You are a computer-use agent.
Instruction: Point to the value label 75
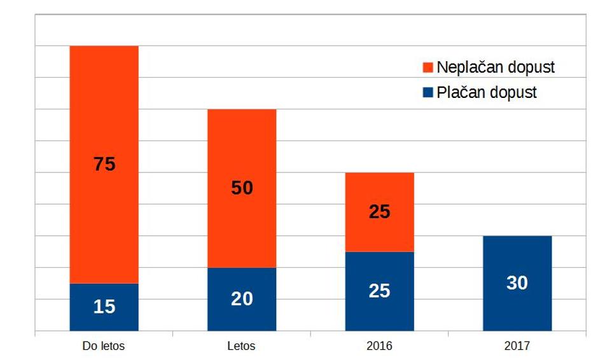click(x=104, y=164)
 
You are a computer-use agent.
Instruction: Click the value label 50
click(x=242, y=188)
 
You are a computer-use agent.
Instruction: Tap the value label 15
click(x=104, y=307)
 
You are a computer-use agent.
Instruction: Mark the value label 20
click(x=242, y=299)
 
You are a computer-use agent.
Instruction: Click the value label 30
click(x=517, y=283)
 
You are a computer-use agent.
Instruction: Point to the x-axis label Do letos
click(x=104, y=347)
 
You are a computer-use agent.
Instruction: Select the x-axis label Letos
click(x=241, y=347)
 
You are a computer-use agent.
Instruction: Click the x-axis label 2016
click(x=379, y=347)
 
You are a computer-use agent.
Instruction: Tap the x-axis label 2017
click(x=517, y=347)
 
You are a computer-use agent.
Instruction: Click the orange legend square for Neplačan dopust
click(x=428, y=67)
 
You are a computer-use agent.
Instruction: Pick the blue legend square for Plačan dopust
click(x=428, y=93)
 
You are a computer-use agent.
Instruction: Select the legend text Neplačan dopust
click(x=496, y=67)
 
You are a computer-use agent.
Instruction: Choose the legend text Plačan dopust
click(x=487, y=93)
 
